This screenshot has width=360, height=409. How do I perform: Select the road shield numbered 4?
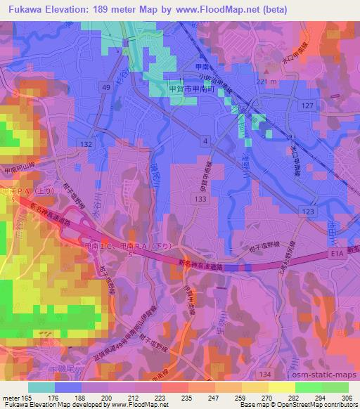[x=205, y=141]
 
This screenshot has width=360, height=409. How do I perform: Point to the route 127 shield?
[x=307, y=105]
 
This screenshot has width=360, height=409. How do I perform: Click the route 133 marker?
[x=202, y=200]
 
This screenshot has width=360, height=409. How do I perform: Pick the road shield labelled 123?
[x=307, y=212]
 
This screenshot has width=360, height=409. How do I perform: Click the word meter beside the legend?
[x=12, y=398]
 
